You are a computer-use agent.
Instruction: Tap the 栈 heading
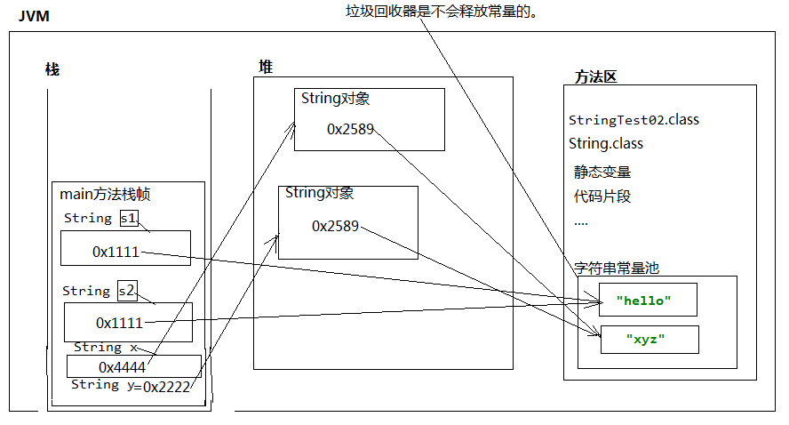pos(52,69)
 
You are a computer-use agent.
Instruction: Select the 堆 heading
pos(266,67)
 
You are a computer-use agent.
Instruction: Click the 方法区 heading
pos(595,76)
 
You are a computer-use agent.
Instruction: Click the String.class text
pos(606,143)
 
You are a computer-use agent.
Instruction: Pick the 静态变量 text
pos(602,172)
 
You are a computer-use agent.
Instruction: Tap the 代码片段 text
pos(602,196)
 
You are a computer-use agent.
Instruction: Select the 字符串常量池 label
pos(617,267)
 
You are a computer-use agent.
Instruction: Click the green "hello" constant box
pos(648,301)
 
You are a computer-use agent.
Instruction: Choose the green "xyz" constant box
pos(650,339)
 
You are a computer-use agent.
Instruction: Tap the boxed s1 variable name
pos(129,218)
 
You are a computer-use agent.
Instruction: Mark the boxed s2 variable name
pos(126,291)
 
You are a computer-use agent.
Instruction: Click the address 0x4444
pos(123,366)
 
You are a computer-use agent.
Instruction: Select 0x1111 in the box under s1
pos(116,252)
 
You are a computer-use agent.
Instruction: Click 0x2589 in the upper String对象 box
pos(350,129)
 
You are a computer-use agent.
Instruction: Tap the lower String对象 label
pos(320,193)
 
